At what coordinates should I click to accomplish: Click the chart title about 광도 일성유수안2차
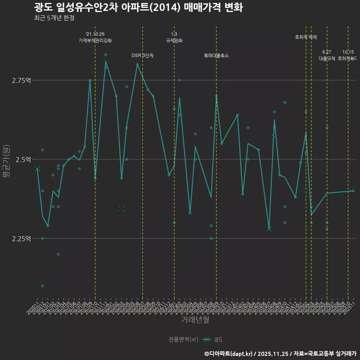coord(138,7)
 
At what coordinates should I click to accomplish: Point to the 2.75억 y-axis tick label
coord(21,80)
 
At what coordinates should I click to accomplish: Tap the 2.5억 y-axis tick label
coord(22,159)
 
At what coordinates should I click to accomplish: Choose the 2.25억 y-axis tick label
coord(21,238)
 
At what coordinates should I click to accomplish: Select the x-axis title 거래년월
coord(195,319)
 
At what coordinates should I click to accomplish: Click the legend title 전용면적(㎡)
coord(183,340)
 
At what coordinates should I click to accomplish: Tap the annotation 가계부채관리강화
coord(95,40)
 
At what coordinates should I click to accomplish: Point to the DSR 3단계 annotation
coord(142,55)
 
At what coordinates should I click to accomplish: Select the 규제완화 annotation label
coord(174,40)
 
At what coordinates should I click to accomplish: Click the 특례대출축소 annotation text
coord(216,55)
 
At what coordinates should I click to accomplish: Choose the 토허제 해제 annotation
coord(306,37)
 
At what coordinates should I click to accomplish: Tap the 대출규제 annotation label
coord(327,58)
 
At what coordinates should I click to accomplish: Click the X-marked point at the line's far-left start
coord(37,169)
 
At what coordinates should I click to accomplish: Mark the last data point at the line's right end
coord(353,191)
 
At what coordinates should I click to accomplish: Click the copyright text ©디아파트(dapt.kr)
coord(228,354)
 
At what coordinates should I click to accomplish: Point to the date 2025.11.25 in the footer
coord(274,354)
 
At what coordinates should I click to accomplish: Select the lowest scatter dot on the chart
coord(42,286)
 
